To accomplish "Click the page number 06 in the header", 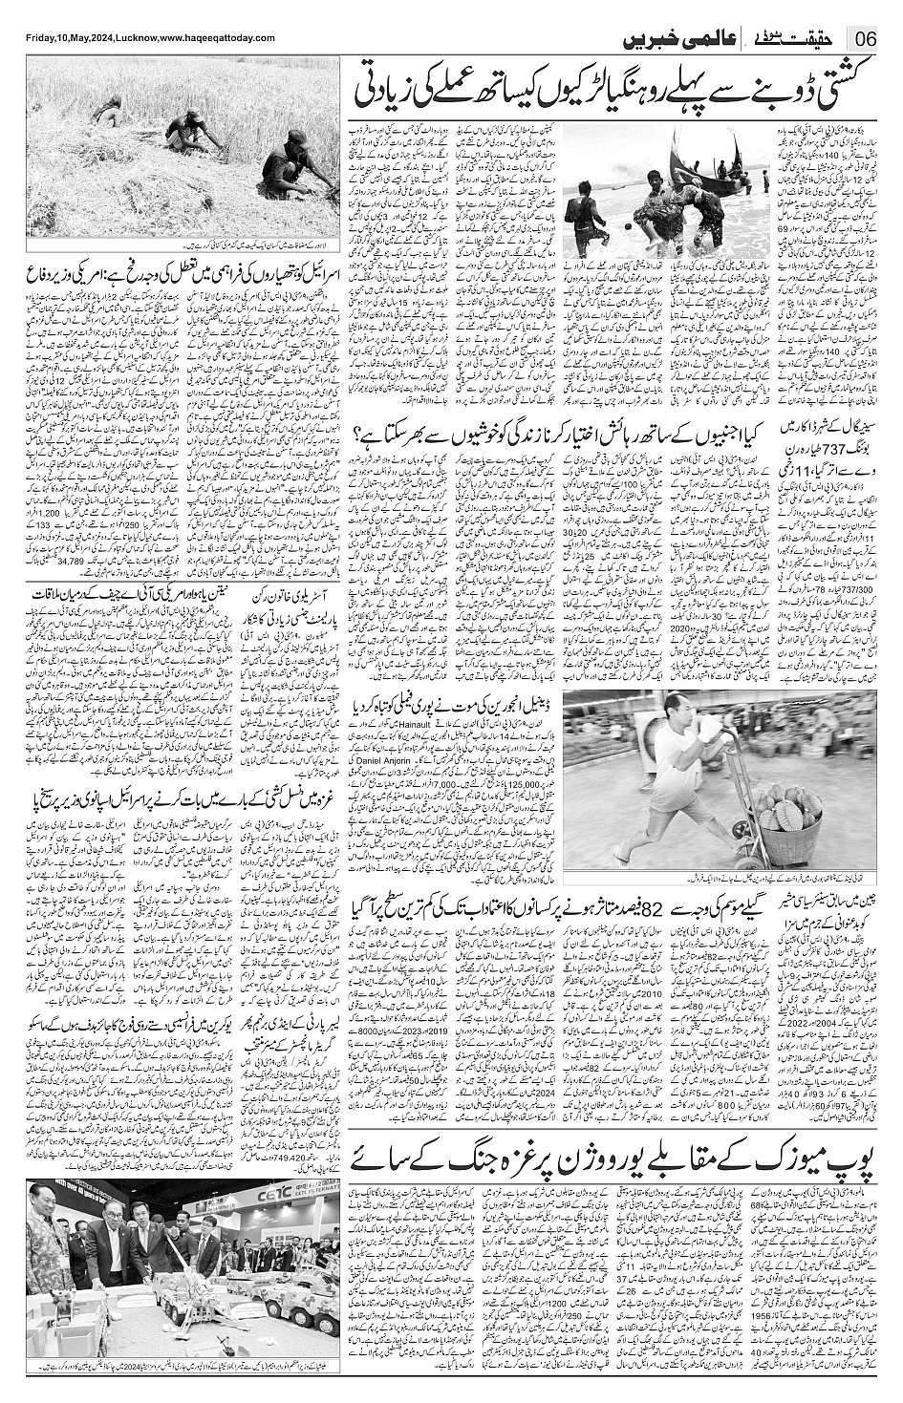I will coord(868,39).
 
